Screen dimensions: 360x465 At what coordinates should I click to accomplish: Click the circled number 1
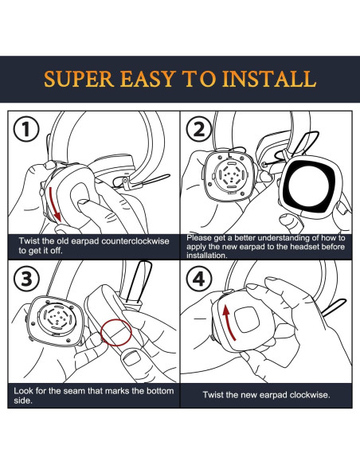pos(26,129)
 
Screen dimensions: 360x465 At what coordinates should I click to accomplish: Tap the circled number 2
pos(199,129)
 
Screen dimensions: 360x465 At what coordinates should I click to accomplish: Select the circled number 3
pos(26,279)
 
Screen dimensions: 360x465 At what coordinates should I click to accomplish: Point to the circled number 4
pos(199,279)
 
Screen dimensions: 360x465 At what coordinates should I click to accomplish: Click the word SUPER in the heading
pos(79,79)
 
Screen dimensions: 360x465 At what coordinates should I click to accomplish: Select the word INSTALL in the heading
pos(269,79)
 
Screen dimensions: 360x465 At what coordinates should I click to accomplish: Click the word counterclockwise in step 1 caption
pos(135,240)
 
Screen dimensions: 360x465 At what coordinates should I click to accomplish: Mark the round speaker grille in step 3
pos(57,318)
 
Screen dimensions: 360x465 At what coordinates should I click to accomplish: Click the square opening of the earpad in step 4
pos(247,319)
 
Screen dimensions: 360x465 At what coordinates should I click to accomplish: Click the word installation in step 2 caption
pos(207,255)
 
